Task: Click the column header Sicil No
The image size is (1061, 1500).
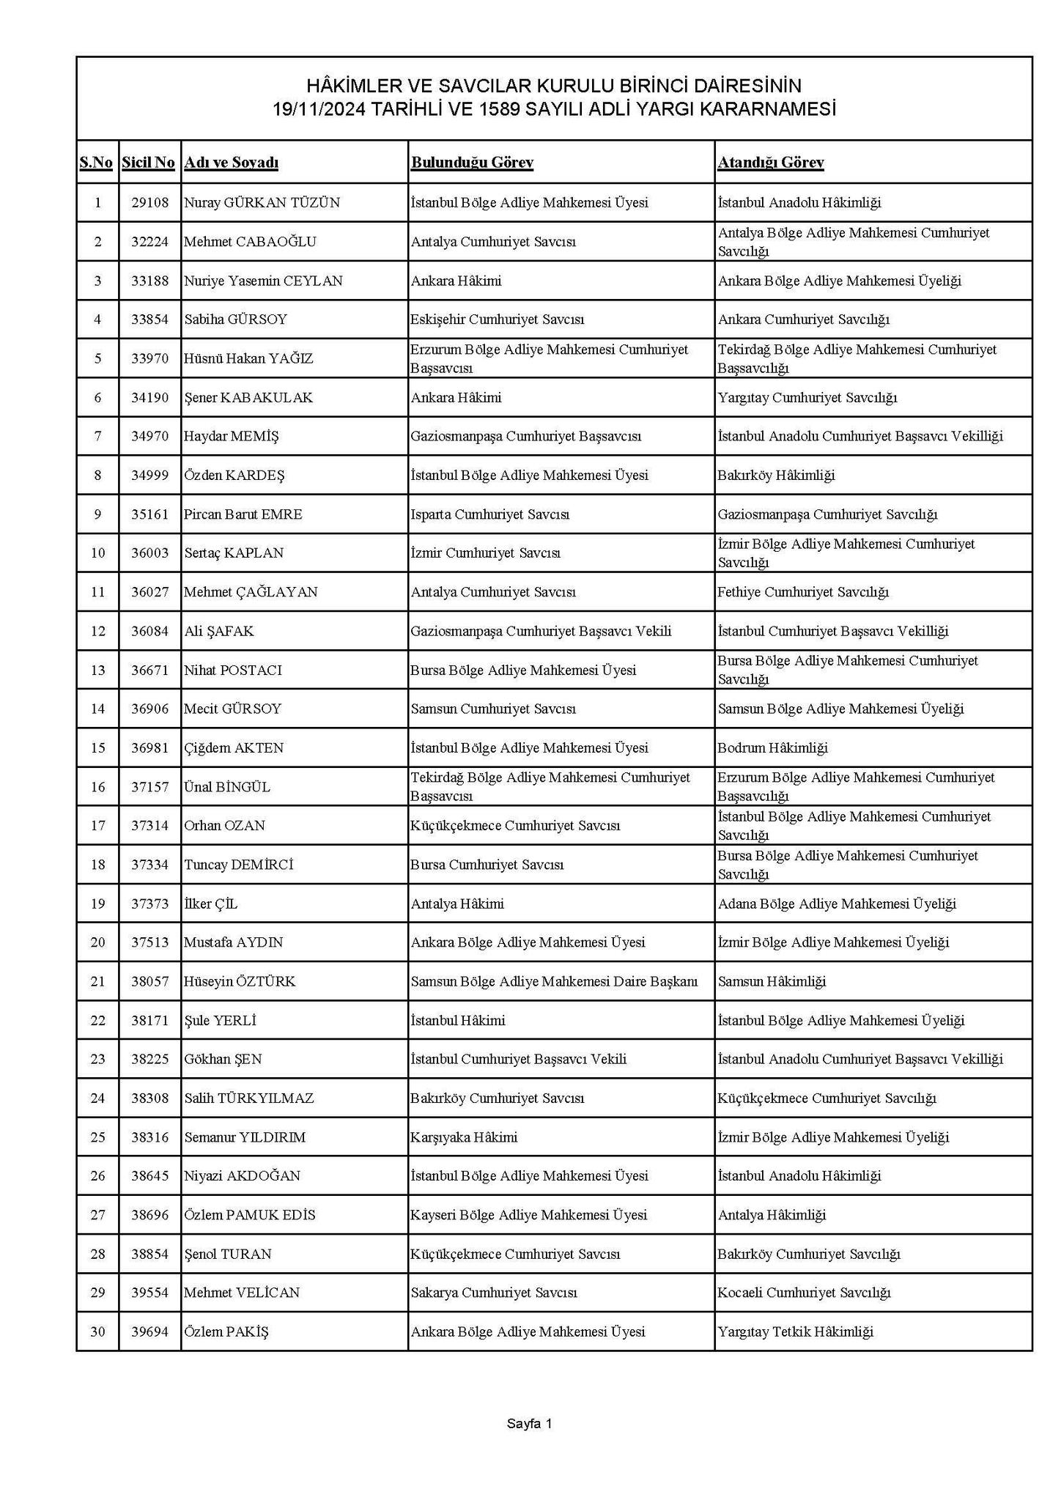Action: click(x=149, y=162)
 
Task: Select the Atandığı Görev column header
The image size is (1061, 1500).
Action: click(x=770, y=162)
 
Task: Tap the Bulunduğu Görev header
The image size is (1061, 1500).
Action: click(x=472, y=162)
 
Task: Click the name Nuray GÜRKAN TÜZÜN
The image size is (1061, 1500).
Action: click(x=262, y=202)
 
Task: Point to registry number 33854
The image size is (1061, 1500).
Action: click(x=149, y=319)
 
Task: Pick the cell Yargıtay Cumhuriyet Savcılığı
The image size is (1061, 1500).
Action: click(x=807, y=398)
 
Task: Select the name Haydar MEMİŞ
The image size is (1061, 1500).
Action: click(x=232, y=437)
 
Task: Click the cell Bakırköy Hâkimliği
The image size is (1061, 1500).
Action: click(x=777, y=476)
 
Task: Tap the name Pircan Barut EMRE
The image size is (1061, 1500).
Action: click(x=243, y=514)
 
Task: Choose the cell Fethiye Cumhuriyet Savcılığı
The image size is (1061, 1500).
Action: click(x=803, y=592)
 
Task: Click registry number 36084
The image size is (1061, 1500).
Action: click(x=149, y=631)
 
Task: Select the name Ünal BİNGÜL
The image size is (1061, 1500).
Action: click(x=227, y=787)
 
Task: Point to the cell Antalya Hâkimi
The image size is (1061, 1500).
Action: click(x=457, y=904)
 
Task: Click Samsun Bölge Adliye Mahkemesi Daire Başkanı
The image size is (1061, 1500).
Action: click(x=554, y=982)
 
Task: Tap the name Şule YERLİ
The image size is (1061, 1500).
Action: click(x=220, y=1021)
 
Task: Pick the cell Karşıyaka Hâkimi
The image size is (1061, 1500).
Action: click(x=464, y=1137)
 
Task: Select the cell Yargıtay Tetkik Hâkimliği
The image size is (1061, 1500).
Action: click(x=796, y=1332)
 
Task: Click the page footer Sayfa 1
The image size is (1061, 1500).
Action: click(x=530, y=1425)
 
